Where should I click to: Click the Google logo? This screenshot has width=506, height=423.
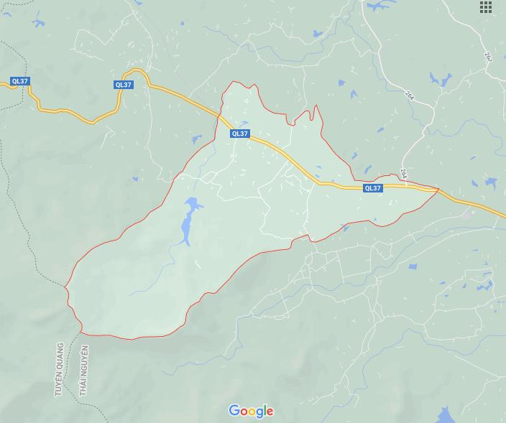click(251, 411)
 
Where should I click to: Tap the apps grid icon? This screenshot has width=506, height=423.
click(486, 7)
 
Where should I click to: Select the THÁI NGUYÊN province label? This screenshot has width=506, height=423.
click(84, 371)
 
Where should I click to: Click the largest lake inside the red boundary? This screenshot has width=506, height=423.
click(188, 220)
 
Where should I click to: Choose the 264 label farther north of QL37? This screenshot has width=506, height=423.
click(409, 95)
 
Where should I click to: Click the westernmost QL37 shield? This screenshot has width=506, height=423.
click(19, 81)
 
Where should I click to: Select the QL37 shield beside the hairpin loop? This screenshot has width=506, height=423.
click(124, 85)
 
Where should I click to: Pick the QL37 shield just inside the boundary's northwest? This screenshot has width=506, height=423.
click(240, 134)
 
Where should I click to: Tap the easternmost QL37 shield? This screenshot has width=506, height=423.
click(373, 188)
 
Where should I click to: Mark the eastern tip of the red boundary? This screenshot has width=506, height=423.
click(438, 190)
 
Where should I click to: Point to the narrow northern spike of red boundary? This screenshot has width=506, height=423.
click(316, 108)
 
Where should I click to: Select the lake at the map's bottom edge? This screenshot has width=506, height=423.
click(446, 415)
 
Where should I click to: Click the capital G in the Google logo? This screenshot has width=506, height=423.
click(234, 410)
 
